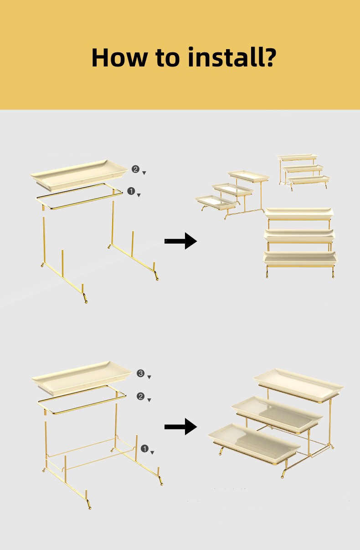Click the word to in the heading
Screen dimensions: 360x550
coord(168,58)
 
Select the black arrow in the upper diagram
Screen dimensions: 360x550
coord(180,241)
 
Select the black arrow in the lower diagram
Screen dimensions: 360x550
coord(180,427)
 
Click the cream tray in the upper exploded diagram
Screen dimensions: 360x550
coord(79,175)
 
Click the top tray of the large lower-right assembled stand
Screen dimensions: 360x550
coord(298,385)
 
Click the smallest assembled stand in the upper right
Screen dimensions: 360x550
coord(304,172)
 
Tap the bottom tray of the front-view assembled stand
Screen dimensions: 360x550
coord(300,258)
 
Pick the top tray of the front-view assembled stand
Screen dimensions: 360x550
coord(299,214)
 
